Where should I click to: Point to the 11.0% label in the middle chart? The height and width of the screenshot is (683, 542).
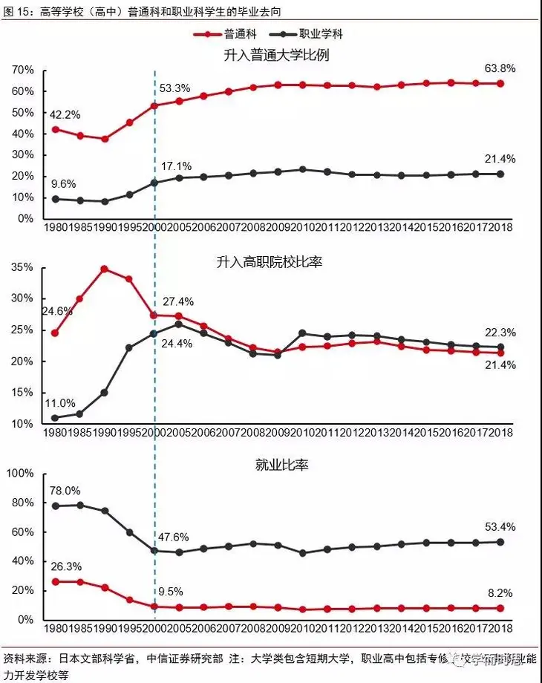coord(60,403)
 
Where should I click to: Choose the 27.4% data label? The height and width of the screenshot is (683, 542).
coord(178,301)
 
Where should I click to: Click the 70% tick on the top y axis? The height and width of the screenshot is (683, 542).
coord(22,70)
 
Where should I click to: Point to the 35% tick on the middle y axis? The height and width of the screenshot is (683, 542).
coord(22,267)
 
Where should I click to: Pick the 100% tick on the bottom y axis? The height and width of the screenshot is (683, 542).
coord(20,474)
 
